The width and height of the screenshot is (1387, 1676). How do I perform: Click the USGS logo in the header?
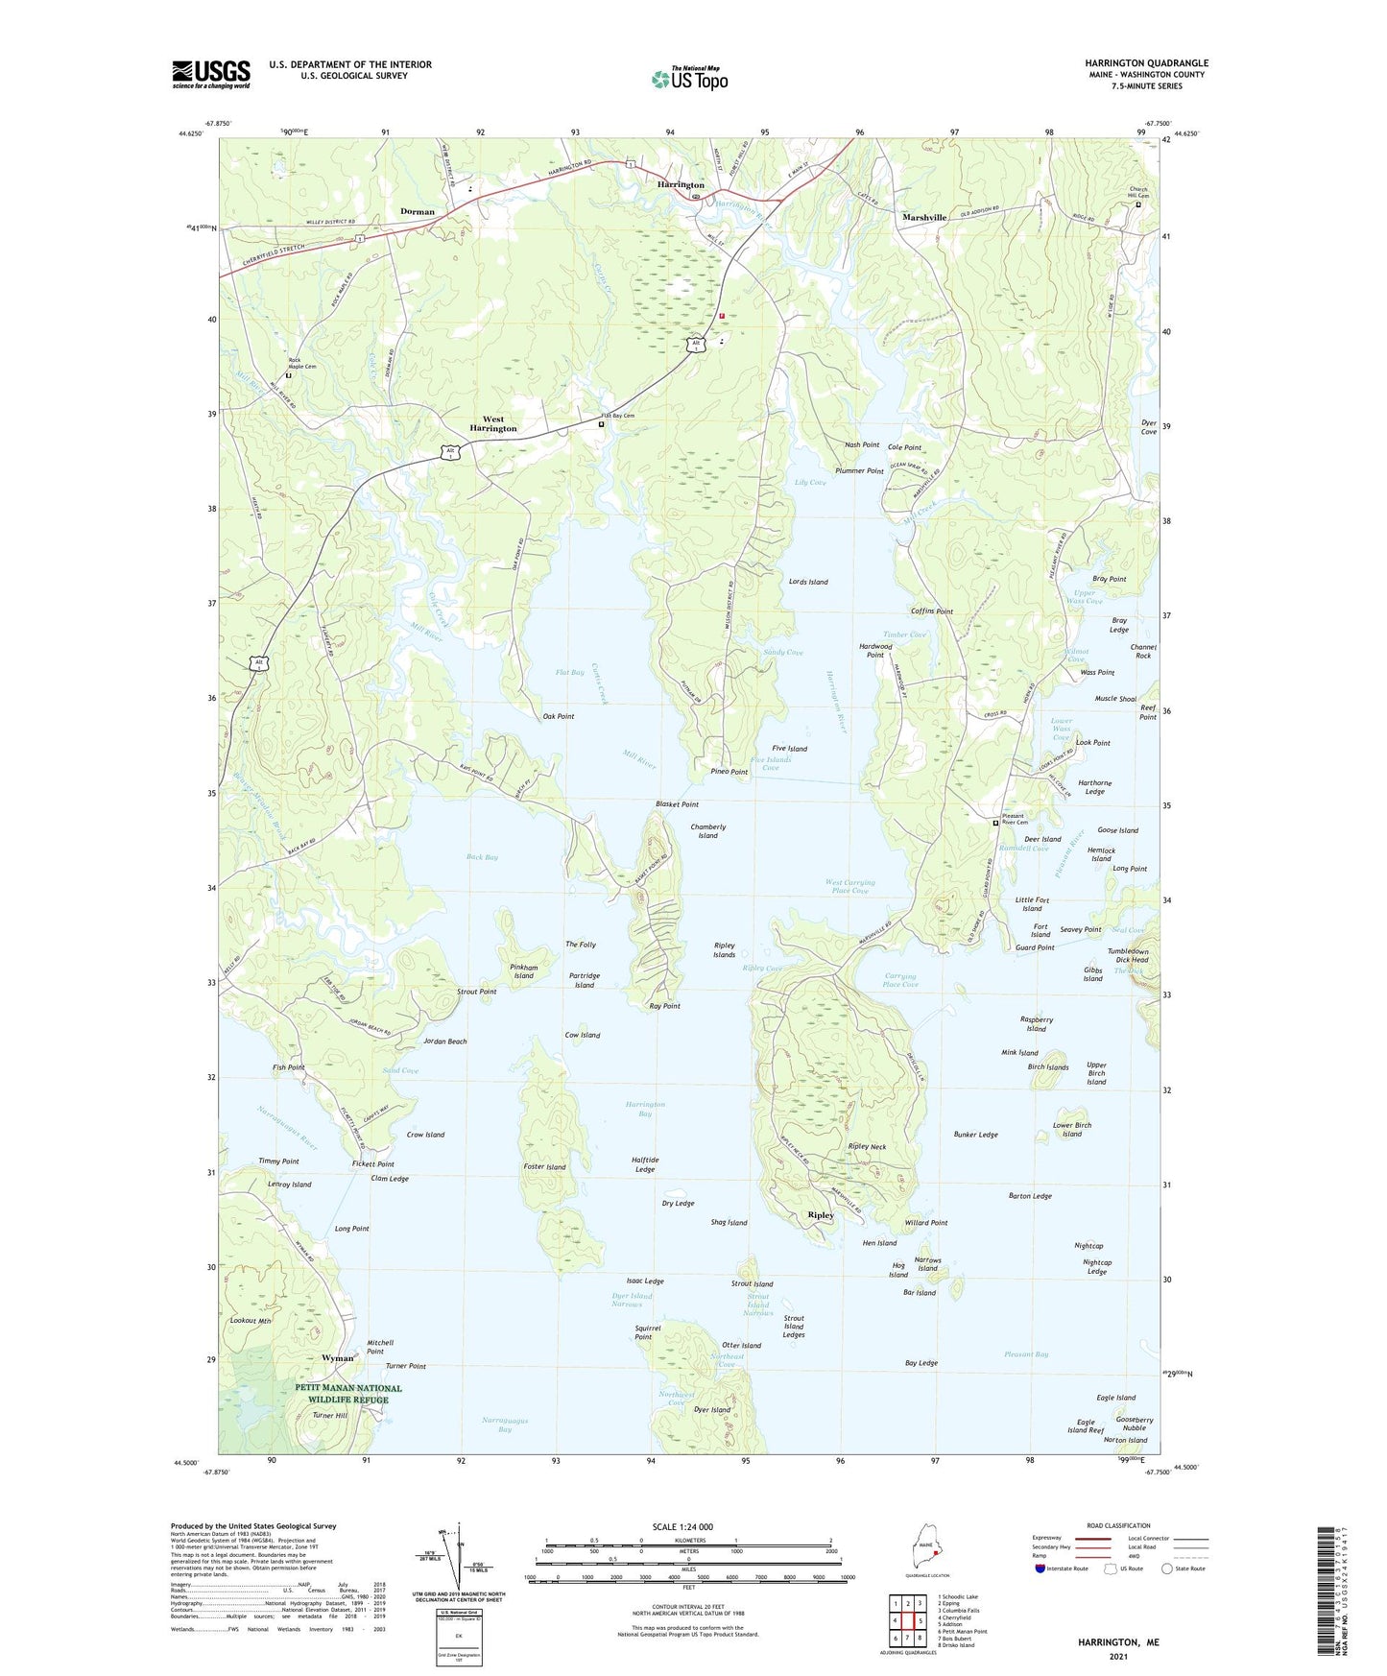[211, 74]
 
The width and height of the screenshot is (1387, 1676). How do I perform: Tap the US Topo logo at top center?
[690, 79]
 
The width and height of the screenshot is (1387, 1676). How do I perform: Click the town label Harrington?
[681, 184]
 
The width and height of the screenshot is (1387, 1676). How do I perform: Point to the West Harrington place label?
[493, 424]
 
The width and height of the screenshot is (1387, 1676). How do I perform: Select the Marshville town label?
[924, 218]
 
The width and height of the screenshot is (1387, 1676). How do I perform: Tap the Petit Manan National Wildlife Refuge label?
[348, 1394]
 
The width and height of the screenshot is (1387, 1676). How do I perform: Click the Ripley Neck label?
[867, 1147]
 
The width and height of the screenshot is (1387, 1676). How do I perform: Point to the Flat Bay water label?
[569, 673]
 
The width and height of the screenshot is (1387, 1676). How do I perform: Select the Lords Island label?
[808, 582]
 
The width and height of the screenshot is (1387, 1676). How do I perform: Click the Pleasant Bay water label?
[1026, 1354]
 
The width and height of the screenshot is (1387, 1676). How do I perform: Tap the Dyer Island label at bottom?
[712, 1410]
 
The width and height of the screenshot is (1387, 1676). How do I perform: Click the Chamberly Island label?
[708, 831]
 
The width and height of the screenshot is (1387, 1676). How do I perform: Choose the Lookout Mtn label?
[251, 1321]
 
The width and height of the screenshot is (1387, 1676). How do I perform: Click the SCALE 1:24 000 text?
[682, 1527]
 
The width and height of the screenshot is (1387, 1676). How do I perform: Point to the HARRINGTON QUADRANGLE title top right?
[1147, 63]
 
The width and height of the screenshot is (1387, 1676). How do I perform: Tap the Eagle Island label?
[1116, 1398]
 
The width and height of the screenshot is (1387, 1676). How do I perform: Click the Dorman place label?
[418, 211]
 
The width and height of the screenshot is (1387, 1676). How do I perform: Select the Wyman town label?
[337, 1358]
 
